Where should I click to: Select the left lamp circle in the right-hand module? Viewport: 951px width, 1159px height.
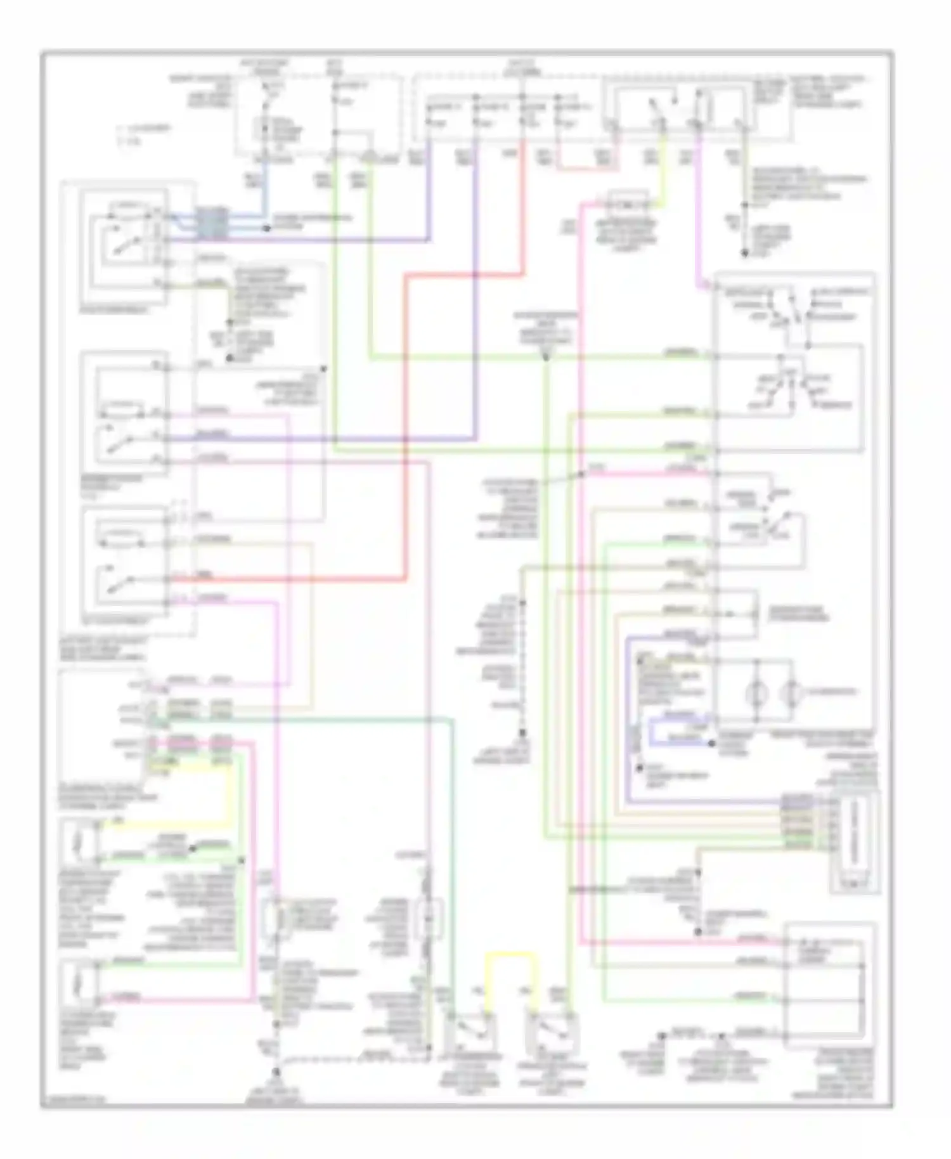(x=756, y=692)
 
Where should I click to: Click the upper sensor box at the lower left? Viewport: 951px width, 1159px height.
(x=79, y=844)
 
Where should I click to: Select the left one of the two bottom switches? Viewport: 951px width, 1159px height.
(x=471, y=1032)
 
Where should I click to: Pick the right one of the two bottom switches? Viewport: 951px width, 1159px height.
(x=553, y=1032)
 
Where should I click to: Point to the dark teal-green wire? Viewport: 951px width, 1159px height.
(x=451, y=856)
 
